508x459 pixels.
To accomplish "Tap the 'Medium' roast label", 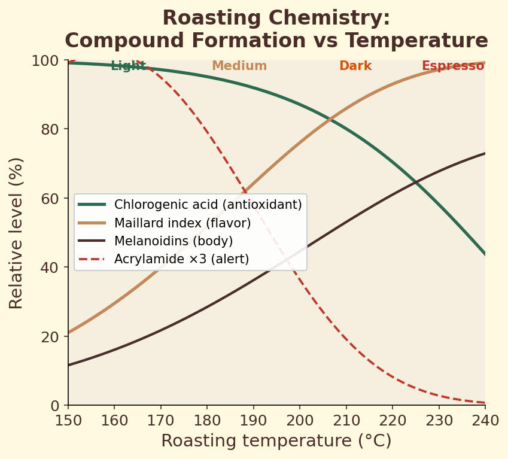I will coord(239,66).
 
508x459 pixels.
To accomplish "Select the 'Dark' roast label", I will coord(355,66).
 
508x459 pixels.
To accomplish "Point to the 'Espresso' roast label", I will coord(452,66).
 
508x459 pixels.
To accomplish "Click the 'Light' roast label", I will coord(128,66).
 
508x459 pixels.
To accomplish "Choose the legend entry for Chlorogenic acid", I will coord(208,205).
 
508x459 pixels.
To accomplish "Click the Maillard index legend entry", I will coord(182,223).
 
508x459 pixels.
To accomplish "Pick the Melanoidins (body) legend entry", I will coord(173,241).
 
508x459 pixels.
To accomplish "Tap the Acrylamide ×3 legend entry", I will coord(181,259).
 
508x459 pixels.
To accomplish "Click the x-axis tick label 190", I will coord(253,420).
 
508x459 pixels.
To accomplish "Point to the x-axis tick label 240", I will coord(485,420).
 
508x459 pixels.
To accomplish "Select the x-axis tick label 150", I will coord(68,420).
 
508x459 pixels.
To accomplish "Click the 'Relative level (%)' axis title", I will coord(16,233).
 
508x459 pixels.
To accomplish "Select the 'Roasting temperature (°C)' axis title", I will coord(276,441).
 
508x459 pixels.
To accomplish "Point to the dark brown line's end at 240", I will coord(484,153).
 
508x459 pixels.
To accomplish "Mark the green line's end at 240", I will coord(484,254).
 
